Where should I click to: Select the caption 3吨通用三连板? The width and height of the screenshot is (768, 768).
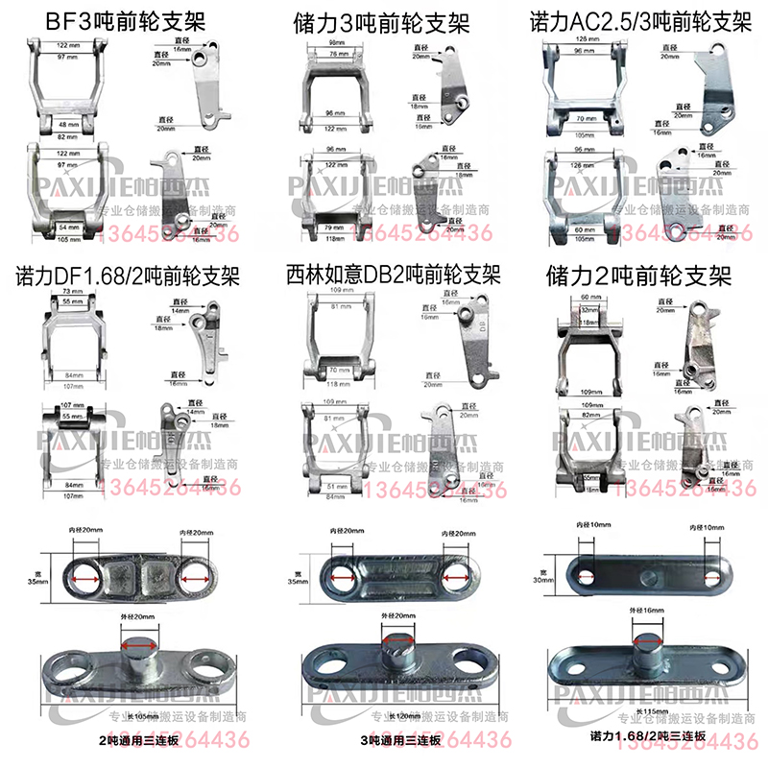[x=396, y=739]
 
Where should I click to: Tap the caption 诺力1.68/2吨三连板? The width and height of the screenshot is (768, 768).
[x=649, y=735]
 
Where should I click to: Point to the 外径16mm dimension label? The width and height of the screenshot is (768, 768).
[x=644, y=610]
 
